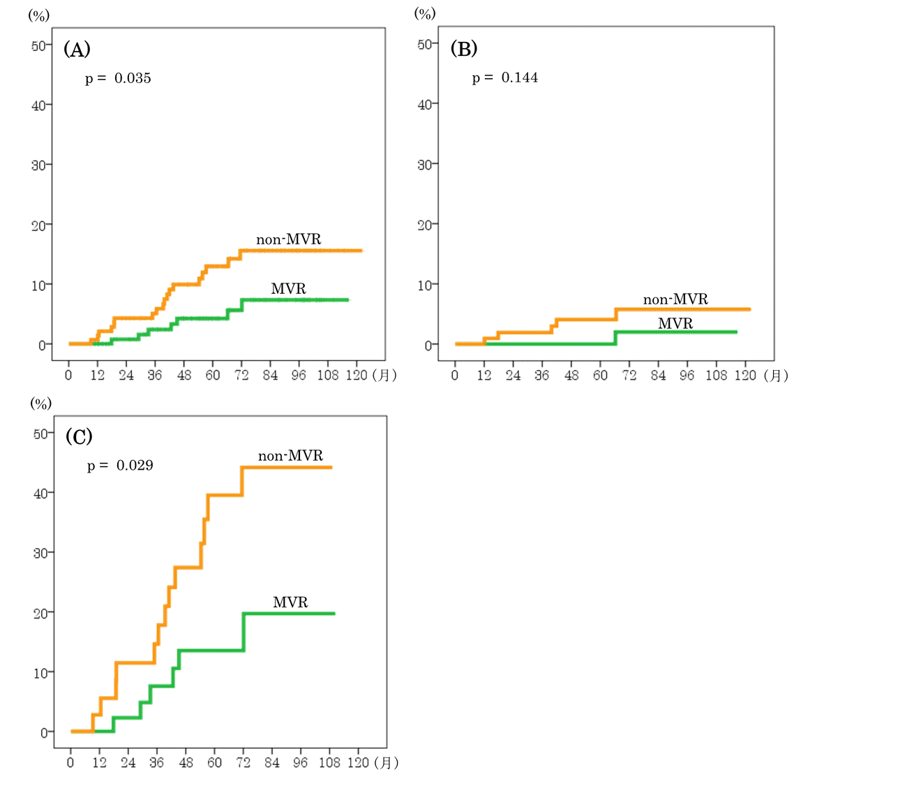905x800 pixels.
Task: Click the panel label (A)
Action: pyautogui.click(x=77, y=49)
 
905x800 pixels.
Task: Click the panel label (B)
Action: pyautogui.click(x=464, y=49)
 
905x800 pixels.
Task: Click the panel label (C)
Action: pyautogui.click(x=78, y=436)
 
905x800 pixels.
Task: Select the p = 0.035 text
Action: pyautogui.click(x=118, y=78)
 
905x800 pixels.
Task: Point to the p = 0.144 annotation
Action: pyautogui.click(x=505, y=77)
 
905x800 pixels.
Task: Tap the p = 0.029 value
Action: pyautogui.click(x=120, y=466)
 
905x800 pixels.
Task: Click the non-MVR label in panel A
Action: pyautogui.click(x=289, y=240)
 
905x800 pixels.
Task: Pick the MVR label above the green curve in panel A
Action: pyautogui.click(x=289, y=289)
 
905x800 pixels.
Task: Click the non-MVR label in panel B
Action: pyautogui.click(x=675, y=299)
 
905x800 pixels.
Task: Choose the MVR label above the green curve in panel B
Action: pyautogui.click(x=675, y=323)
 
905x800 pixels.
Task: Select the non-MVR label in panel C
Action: pyautogui.click(x=291, y=456)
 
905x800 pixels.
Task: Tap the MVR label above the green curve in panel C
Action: pyautogui.click(x=290, y=602)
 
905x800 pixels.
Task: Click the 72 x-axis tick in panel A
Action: pyautogui.click(x=241, y=376)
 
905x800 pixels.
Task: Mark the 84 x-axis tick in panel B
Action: pyautogui.click(x=658, y=376)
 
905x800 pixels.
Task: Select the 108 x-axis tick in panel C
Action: pyautogui.click(x=330, y=763)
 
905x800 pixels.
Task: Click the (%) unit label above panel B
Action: pyautogui.click(x=426, y=13)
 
